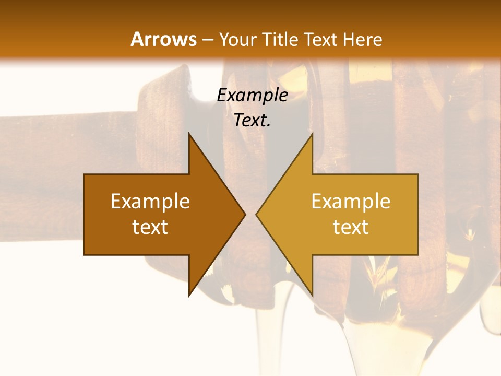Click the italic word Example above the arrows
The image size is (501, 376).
pyautogui.click(x=252, y=96)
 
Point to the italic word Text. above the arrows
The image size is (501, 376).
pyautogui.click(x=252, y=121)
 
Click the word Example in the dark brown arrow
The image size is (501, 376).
pyautogui.click(x=150, y=202)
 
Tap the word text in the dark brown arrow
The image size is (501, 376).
pyautogui.click(x=150, y=227)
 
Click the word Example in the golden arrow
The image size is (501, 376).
pyautogui.click(x=351, y=202)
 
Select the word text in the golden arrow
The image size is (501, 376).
pyautogui.click(x=351, y=227)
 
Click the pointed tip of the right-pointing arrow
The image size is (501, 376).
pyautogui.click(x=245, y=214)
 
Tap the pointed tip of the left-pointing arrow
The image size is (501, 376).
pyautogui.click(x=256, y=214)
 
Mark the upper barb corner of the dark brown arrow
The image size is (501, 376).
pyautogui.click(x=189, y=134)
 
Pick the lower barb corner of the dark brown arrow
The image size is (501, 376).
pyautogui.click(x=189, y=296)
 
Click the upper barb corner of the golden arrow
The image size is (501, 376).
pyautogui.click(x=312, y=134)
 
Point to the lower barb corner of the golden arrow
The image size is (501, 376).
pyautogui.click(x=312, y=296)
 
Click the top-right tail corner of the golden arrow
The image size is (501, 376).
pyautogui.click(x=417, y=174)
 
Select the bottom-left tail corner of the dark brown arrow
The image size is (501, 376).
pyautogui.click(x=84, y=255)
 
